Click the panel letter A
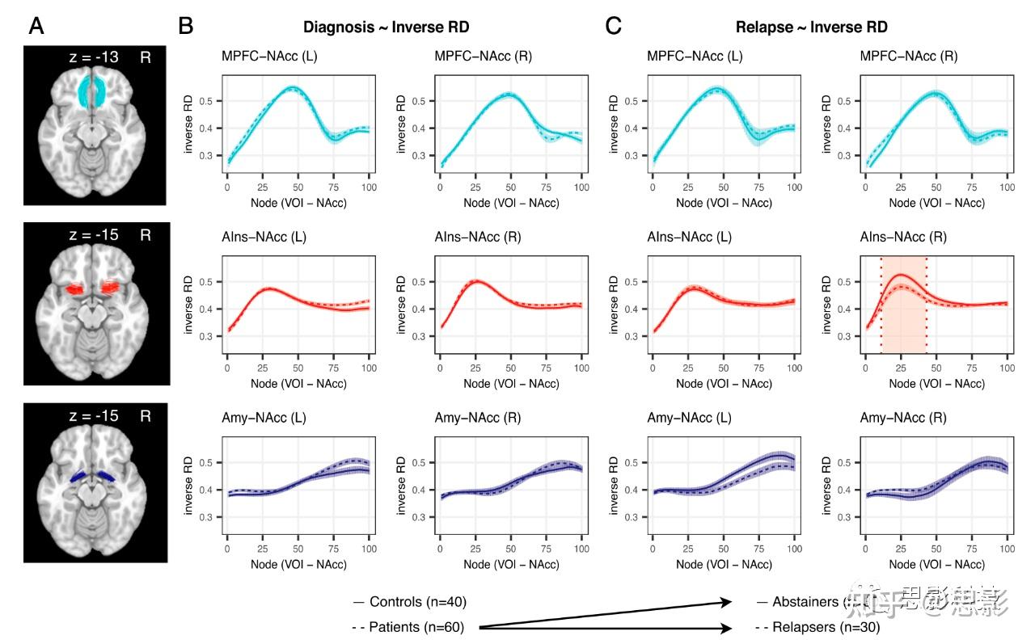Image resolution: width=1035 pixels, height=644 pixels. [x=36, y=27]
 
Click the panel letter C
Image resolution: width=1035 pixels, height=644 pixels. [x=614, y=27]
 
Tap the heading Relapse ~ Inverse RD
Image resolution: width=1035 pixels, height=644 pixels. [x=811, y=27]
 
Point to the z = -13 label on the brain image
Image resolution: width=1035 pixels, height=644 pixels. [x=94, y=57]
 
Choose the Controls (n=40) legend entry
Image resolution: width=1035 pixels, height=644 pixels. [x=411, y=602]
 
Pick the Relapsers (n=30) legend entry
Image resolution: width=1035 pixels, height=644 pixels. [x=817, y=627]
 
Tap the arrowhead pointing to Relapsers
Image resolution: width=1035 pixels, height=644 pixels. [x=729, y=627]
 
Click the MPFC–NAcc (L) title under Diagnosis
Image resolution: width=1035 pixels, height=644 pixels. [x=263, y=56]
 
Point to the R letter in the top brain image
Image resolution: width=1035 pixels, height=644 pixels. [x=146, y=57]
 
